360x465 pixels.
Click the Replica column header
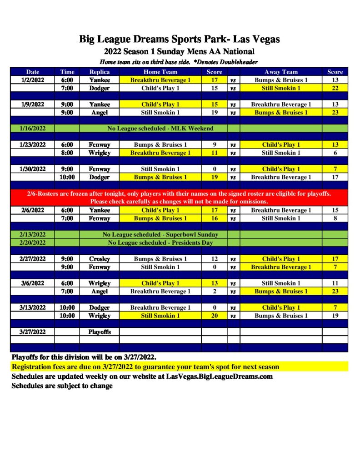coord(99,72)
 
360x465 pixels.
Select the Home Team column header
coord(160,72)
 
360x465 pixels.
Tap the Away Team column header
coord(281,72)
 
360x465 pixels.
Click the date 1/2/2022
coord(33,80)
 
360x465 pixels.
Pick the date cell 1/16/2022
coord(33,129)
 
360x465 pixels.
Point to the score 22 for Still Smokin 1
coord(335,88)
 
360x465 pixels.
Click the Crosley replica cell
coord(99,259)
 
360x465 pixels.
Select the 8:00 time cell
coord(67,153)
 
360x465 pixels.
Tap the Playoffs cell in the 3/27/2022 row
coord(99,331)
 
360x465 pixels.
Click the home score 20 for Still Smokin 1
coord(214,316)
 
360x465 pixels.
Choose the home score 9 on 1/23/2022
coord(214,145)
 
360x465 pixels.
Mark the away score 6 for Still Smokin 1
coord(335,153)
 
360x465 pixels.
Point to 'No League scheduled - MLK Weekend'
coord(160,129)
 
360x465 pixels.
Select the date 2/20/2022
coord(33,242)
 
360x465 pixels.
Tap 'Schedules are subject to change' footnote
coord(62,386)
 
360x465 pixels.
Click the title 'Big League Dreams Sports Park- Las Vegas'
coord(180,39)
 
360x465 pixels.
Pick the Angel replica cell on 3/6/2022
coord(99,291)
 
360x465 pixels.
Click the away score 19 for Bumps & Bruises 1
coord(335,316)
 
